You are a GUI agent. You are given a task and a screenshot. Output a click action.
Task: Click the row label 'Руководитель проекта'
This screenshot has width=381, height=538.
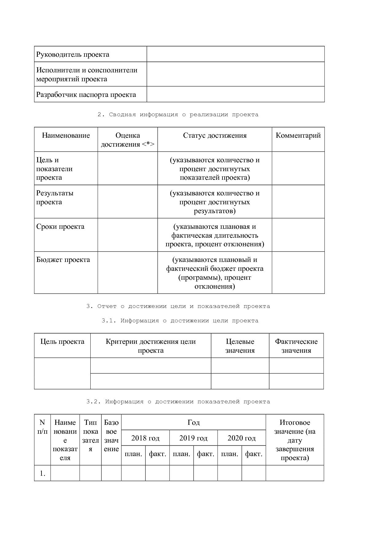[73, 55]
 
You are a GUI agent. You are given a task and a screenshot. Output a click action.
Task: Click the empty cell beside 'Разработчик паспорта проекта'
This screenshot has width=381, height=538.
[235, 94]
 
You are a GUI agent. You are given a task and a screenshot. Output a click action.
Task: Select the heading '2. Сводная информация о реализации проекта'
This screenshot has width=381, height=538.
[178, 115]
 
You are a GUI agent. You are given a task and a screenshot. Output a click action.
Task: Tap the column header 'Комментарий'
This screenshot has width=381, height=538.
[298, 136]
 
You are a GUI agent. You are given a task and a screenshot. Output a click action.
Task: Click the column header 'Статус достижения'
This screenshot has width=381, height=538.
[215, 136]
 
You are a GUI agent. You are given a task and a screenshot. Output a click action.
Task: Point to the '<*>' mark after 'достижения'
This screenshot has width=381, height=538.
[148, 144]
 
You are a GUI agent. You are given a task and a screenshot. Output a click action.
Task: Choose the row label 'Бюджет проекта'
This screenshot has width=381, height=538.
[63, 260]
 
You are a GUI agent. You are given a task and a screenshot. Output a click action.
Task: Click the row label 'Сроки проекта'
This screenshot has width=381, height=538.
[60, 227]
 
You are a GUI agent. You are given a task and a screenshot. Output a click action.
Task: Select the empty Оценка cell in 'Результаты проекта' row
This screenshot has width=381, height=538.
[128, 202]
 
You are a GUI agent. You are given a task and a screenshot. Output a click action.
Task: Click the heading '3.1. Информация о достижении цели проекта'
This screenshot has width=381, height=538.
[180, 321]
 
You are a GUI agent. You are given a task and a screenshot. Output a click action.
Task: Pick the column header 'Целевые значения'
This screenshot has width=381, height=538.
[240, 346]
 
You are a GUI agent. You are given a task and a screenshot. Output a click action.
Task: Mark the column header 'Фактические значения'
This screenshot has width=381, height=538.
[296, 346]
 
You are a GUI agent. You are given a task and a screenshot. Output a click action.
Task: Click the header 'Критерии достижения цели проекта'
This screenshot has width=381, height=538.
[151, 346]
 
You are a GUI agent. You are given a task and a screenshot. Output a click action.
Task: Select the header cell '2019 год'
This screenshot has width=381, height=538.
[193, 438]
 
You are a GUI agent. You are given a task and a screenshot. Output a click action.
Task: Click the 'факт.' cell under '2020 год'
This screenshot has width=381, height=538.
[253, 454]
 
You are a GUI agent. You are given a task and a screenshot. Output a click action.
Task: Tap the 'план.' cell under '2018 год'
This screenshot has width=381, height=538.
[133, 454]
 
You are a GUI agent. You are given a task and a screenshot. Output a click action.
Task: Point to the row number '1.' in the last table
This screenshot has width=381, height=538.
[42, 473]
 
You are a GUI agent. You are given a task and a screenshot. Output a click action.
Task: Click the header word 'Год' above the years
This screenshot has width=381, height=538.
[194, 423]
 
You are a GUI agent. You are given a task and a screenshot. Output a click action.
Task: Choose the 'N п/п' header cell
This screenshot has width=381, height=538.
[42, 427]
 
